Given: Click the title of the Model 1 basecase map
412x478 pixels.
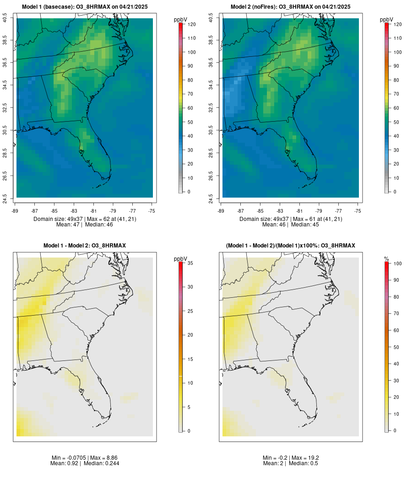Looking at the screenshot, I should click(x=85, y=7).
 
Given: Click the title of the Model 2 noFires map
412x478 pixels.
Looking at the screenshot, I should click(x=291, y=7).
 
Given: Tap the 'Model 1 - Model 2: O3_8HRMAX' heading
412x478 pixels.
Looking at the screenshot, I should click(x=85, y=246).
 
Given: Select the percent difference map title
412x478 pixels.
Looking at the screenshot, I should click(x=291, y=246).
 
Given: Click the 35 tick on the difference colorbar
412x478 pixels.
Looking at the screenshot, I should click(x=190, y=263).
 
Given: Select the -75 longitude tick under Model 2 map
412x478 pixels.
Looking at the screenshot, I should click(x=358, y=211).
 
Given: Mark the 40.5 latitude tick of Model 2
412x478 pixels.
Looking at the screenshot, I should click(x=211, y=18).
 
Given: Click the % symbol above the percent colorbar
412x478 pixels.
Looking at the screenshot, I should click(x=386, y=259).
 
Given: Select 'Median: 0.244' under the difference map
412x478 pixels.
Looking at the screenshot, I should click(x=100, y=463).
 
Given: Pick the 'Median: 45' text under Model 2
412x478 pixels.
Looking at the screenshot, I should click(x=305, y=225).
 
